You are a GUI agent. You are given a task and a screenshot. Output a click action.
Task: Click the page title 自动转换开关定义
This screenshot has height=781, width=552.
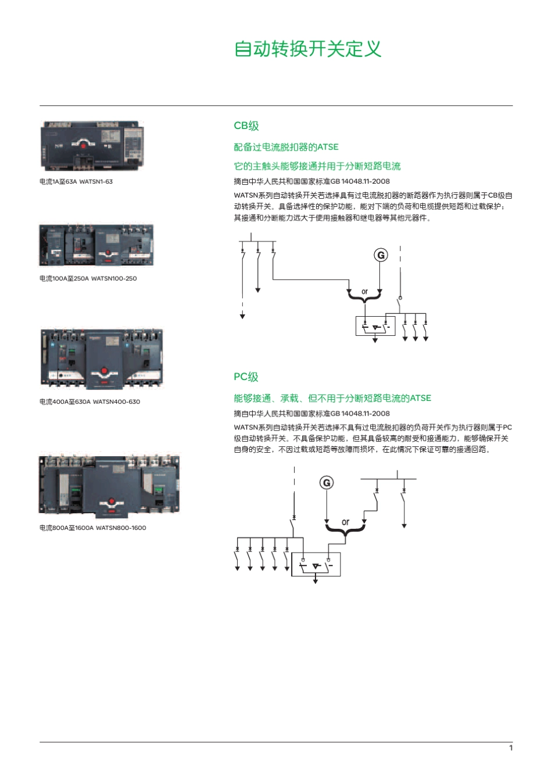tap(307, 49)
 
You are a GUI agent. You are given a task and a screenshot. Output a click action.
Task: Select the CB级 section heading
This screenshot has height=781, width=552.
tap(246, 126)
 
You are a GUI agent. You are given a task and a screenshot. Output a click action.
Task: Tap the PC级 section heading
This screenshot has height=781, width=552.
tap(246, 377)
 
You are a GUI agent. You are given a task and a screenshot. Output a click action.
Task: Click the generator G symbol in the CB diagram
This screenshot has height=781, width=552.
tap(381, 255)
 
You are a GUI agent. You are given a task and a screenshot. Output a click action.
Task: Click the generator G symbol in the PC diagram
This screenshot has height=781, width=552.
tap(327, 483)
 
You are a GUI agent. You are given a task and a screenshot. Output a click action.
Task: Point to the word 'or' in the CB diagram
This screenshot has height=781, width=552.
tap(364, 292)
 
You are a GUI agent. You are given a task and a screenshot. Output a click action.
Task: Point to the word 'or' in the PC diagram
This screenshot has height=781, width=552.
tap(346, 522)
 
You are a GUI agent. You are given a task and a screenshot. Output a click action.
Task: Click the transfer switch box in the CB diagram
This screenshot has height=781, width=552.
tap(375, 327)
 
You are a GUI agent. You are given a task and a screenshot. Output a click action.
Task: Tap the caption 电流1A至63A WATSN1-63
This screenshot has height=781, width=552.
tap(76, 182)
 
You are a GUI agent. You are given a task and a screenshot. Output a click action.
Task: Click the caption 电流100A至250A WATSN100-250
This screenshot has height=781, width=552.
tap(88, 278)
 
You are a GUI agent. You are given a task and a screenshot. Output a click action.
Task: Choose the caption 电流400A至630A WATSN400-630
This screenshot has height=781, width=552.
tap(89, 402)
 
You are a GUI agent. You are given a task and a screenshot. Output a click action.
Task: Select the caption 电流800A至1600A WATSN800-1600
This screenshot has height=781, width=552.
tap(93, 528)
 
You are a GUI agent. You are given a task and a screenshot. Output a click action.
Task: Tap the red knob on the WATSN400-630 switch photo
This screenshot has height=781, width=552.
tap(104, 370)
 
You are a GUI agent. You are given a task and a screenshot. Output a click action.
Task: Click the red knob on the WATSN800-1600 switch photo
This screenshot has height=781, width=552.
tap(111, 500)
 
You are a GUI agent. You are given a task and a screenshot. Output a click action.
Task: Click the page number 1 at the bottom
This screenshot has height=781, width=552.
tap(511, 748)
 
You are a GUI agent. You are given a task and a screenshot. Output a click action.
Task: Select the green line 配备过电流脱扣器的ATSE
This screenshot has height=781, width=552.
tap(286, 147)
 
